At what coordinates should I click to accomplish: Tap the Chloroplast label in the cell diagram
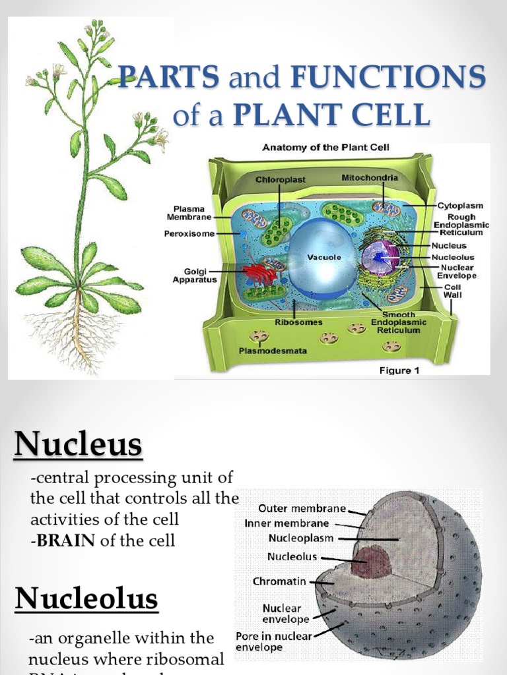279,179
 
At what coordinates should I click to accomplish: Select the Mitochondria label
370,178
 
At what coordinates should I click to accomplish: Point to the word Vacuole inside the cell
323,257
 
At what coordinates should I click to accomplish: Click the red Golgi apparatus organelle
259,273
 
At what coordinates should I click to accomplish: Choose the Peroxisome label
188,233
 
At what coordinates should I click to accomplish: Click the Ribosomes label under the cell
298,322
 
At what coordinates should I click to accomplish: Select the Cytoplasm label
460,206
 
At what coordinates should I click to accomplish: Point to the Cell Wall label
452,291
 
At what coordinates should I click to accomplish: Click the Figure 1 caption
399,370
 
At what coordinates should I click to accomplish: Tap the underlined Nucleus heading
78,446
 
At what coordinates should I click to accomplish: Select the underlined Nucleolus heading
86,599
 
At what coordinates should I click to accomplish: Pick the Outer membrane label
302,509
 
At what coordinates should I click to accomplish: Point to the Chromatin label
280,581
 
